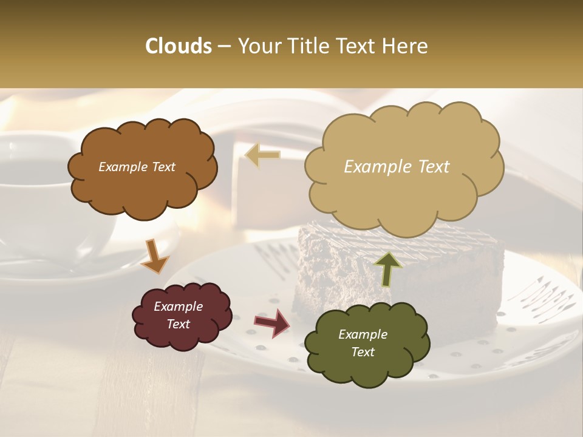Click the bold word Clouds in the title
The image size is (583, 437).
coord(179,46)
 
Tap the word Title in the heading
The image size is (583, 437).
coord(307,46)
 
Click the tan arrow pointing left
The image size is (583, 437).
coord(262,155)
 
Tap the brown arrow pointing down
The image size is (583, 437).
coord(155,257)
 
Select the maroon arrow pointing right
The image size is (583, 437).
coord(272,323)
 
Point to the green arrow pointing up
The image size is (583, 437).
coord(387,268)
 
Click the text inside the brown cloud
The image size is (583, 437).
coord(137,167)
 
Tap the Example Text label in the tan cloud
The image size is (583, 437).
coord(397,167)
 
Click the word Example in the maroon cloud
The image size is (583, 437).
coord(178,307)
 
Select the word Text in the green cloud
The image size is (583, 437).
coord(363,352)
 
